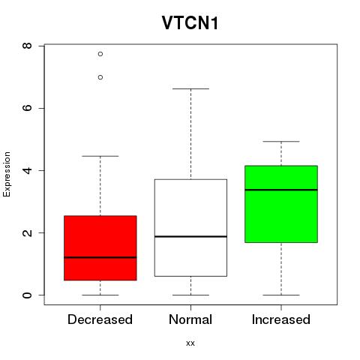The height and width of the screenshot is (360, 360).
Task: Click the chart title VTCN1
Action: click(190, 23)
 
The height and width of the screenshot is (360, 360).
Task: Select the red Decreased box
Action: click(100, 248)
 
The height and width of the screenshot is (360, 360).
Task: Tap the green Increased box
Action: click(281, 204)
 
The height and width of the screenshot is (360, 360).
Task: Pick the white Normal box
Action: click(190, 228)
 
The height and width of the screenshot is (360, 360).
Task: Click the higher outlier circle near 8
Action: click(100, 54)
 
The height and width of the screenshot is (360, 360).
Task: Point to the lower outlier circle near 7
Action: click(100, 77)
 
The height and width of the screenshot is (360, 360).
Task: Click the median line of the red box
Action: click(100, 257)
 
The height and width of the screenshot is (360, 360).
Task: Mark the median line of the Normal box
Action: click(190, 236)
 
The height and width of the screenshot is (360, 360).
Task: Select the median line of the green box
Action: click(281, 190)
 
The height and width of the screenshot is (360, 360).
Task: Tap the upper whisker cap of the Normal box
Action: click(190, 88)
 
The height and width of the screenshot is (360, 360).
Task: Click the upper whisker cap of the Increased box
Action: click(281, 142)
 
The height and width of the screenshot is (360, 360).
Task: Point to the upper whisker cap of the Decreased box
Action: click(100, 156)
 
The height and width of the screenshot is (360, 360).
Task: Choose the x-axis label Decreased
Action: click(100, 319)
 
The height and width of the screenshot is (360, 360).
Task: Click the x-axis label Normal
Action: click(190, 319)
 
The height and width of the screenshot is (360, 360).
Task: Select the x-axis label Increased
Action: click(281, 319)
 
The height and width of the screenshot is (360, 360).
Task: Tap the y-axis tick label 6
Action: click(27, 108)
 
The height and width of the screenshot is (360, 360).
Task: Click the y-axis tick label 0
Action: click(27, 295)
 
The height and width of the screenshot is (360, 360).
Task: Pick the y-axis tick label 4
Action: click(27, 170)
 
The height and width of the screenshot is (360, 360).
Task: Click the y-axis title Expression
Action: click(7, 174)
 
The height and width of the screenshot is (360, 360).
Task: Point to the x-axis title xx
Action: click(190, 343)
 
